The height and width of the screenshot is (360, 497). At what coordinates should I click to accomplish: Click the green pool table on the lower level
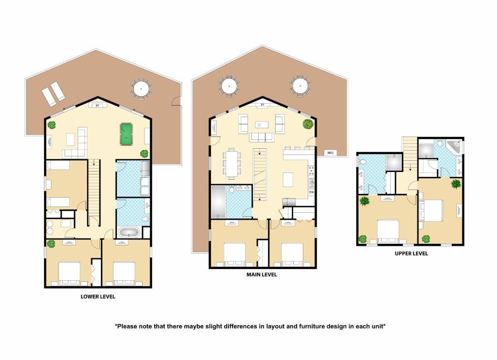[x=126, y=134]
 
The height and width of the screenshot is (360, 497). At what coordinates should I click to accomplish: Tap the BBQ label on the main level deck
[x=330, y=153]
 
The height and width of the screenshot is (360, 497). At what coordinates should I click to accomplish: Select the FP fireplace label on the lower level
[x=97, y=105]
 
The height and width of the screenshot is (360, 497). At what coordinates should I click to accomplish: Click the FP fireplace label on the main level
[x=263, y=105]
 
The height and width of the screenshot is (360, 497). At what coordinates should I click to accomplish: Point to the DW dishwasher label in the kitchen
[x=311, y=192]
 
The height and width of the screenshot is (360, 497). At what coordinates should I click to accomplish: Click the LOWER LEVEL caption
[x=98, y=296]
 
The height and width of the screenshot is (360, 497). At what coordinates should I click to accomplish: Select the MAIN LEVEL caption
[x=262, y=274]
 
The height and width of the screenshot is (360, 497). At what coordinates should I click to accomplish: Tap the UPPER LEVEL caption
[x=412, y=254]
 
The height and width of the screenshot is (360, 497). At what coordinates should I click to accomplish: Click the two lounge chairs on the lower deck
[x=53, y=94]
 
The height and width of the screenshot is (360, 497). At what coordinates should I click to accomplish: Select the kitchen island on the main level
[x=288, y=180]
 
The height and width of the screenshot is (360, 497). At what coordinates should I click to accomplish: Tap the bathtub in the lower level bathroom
[x=129, y=232]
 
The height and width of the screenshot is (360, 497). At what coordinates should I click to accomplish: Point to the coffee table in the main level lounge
[x=262, y=125]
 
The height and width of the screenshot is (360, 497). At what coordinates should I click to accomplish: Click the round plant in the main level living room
[x=308, y=124]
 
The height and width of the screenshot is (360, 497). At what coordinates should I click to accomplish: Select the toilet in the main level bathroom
[x=232, y=189]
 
